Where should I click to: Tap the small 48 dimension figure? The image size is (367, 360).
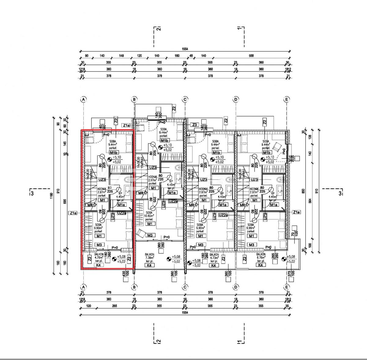point(191,56)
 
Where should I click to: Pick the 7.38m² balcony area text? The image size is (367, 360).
point(150,258)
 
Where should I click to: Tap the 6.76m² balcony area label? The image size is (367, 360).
point(261,258)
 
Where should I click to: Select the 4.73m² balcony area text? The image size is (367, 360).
point(214,258)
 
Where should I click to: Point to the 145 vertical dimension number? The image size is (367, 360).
point(65,143)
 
